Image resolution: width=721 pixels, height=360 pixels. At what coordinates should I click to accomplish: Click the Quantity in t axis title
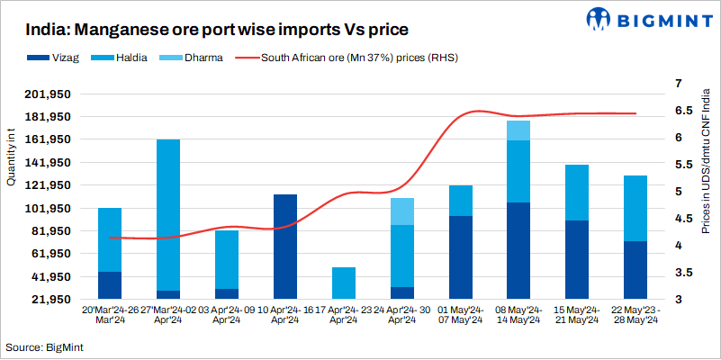[x=11, y=157]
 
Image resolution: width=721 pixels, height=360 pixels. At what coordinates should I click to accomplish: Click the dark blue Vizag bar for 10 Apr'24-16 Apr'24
[x=284, y=246]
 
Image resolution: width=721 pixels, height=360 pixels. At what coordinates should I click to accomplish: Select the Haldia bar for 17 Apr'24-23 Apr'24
[x=343, y=283]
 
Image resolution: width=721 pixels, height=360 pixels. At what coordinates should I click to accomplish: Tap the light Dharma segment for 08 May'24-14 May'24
[x=518, y=130]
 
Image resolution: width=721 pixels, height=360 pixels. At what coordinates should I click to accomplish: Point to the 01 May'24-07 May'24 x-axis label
[x=460, y=314]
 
